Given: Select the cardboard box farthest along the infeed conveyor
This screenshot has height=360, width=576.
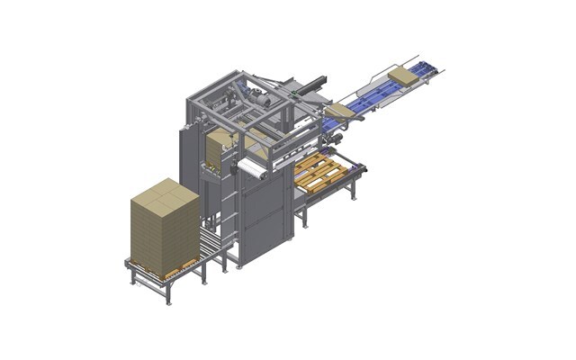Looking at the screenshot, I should coord(403,76).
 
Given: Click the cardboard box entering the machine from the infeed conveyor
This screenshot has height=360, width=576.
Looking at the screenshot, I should coord(338,111).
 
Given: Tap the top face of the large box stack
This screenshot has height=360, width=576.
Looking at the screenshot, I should coord(165,191).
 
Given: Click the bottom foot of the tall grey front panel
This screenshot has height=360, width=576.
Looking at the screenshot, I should coord(239,266).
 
